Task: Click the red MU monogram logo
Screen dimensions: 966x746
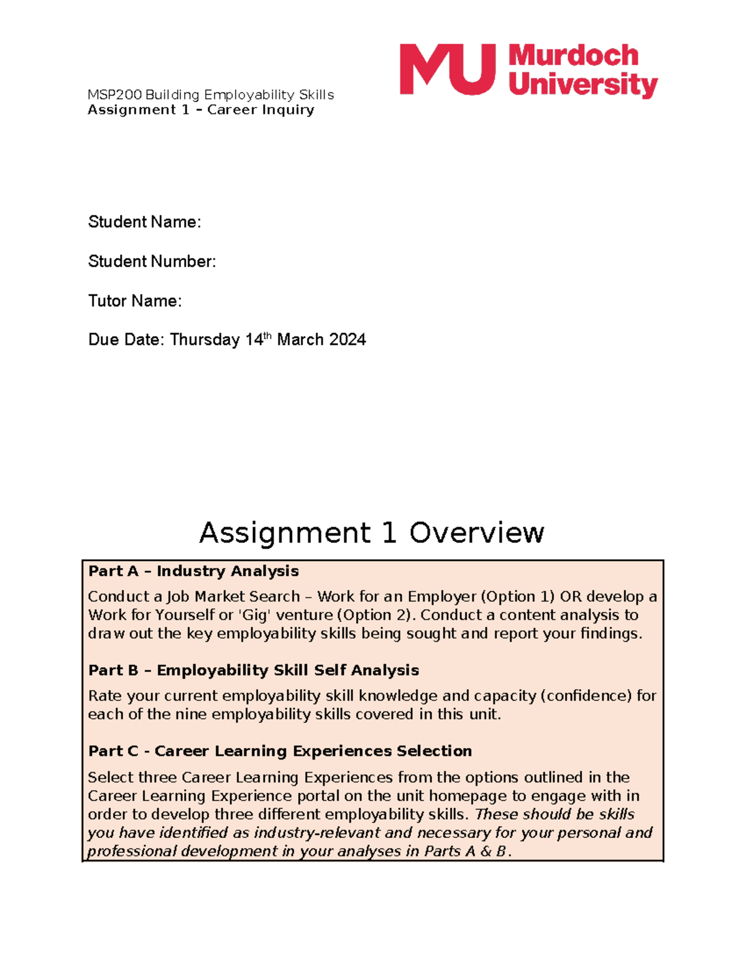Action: click(447, 69)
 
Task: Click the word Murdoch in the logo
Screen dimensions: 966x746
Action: click(573, 56)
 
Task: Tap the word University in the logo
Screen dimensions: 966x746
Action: click(583, 85)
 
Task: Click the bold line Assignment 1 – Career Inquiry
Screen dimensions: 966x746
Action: click(201, 110)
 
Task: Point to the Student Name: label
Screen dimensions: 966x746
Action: click(144, 222)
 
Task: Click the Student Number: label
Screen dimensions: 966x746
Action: click(152, 261)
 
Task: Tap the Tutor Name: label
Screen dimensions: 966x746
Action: click(135, 301)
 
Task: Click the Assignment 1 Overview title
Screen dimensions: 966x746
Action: click(372, 532)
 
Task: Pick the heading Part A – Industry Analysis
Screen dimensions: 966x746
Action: click(193, 571)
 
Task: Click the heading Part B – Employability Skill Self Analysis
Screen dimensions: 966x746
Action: click(254, 670)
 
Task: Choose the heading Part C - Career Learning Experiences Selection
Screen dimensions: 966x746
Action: click(280, 751)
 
